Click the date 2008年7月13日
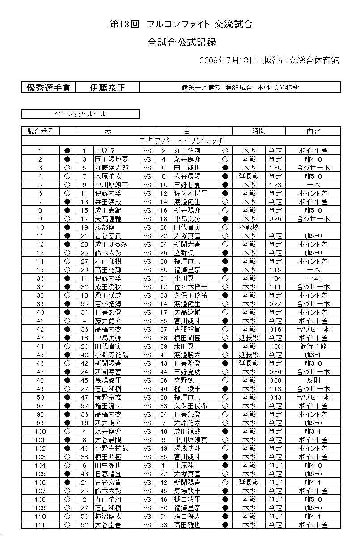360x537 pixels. pos(228,60)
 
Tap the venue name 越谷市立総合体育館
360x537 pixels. pos(301,60)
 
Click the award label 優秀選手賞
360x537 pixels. pos(48,88)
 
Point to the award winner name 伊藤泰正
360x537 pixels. pos(108,88)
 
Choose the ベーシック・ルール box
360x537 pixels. pos(80,114)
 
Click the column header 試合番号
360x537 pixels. pos(40,131)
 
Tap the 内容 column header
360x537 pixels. pos(313,131)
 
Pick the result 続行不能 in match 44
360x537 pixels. pos(313,346)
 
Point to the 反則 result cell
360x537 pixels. pos(313,380)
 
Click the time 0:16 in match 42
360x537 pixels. pos(275,329)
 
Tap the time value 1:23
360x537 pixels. pos(275,184)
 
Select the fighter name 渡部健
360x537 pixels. pos(105,227)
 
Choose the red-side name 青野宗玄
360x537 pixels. pos(108,397)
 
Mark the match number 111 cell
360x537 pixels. pos(40,525)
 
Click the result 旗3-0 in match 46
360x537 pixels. pos(313,363)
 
